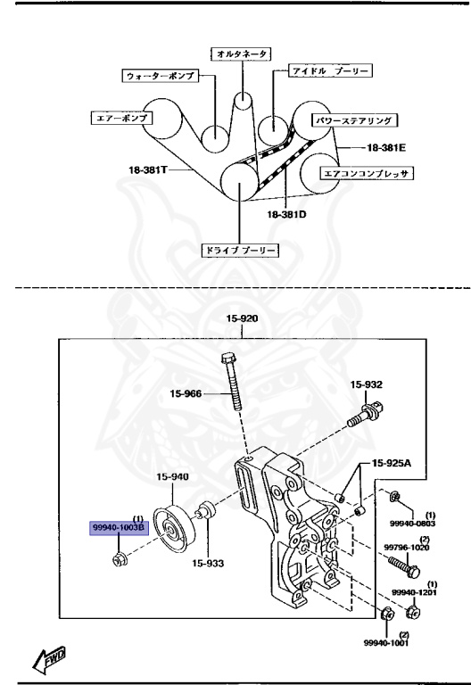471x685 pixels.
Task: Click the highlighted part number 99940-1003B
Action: (120, 529)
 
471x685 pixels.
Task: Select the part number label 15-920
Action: (242, 318)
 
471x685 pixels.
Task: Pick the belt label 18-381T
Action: (148, 169)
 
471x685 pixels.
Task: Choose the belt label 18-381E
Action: (386, 148)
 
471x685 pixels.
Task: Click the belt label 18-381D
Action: (286, 214)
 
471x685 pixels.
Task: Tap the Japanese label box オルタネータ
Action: (242, 54)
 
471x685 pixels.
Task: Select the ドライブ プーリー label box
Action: (240, 251)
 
